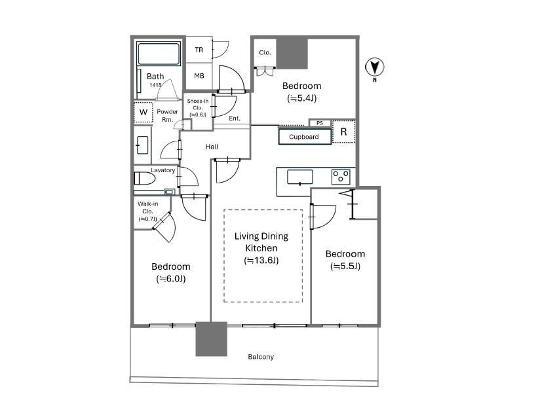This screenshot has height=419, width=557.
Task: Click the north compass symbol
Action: tap(375, 67)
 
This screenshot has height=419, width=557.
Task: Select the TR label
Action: tap(199, 50)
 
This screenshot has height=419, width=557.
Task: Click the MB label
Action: tap(199, 75)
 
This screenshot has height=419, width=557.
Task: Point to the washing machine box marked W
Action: tap(144, 113)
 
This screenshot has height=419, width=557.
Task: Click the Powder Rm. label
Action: tap(167, 115)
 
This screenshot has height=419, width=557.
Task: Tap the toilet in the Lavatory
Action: tap(145, 179)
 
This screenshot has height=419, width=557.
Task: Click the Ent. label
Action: tap(235, 118)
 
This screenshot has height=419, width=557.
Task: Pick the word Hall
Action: tap(212, 147)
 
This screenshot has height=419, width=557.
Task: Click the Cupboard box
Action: tap(305, 137)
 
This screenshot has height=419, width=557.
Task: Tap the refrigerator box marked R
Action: tap(343, 132)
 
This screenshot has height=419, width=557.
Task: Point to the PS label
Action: tap(320, 123)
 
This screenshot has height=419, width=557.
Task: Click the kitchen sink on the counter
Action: tap(300, 177)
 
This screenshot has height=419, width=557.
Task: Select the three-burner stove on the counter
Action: tap(340, 177)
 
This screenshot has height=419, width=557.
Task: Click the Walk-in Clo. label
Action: tap(147, 211)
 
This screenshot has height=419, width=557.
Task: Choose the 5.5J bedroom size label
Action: tap(345, 266)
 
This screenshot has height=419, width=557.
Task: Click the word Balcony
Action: tap(261, 357)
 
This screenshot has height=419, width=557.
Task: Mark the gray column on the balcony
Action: tap(211, 339)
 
